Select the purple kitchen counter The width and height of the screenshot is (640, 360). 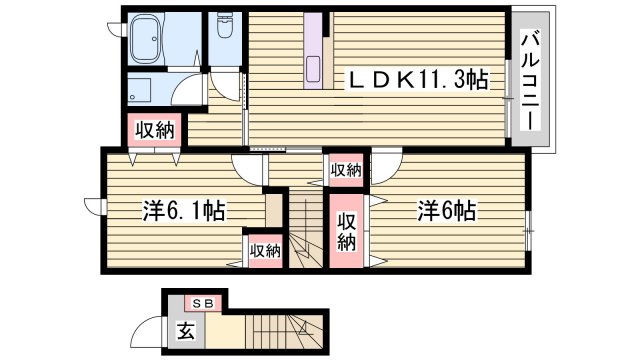[316, 54]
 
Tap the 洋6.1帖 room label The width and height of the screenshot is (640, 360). [183, 212]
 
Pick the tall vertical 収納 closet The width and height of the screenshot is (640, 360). [347, 233]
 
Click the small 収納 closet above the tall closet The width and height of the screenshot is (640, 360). [345, 170]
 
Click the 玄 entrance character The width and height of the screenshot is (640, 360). [186, 328]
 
